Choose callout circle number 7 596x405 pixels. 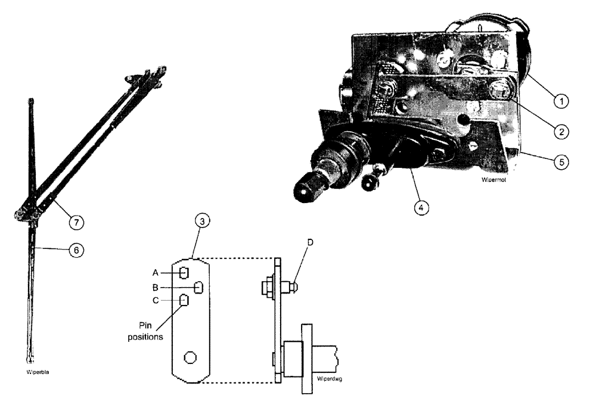tap(77, 222)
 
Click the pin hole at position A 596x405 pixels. tap(185, 273)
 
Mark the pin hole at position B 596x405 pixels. tap(200, 287)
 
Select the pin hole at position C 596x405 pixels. tap(185, 301)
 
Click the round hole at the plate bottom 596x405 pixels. tap(191, 357)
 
